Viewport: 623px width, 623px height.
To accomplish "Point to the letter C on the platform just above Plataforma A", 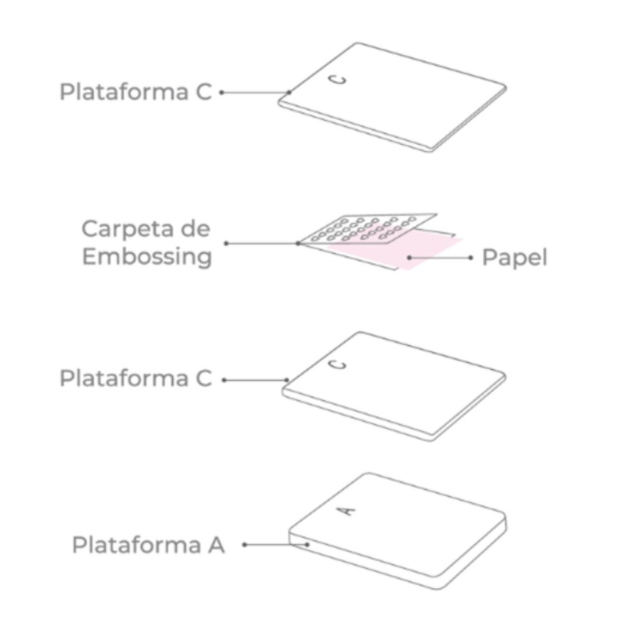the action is pyautogui.click(x=338, y=364).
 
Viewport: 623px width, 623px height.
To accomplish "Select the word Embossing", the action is pyautogui.click(x=147, y=256).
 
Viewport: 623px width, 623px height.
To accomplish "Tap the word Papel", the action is pyautogui.click(x=515, y=258).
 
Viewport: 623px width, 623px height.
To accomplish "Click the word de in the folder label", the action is pyautogui.click(x=195, y=228).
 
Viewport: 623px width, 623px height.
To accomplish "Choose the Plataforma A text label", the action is pyautogui.click(x=148, y=544).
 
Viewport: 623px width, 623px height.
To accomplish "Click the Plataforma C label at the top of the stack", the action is pyautogui.click(x=136, y=92).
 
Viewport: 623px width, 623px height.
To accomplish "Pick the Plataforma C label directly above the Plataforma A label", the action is pyautogui.click(x=136, y=378).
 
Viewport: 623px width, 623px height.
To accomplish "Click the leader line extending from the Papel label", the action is pyautogui.click(x=440, y=258).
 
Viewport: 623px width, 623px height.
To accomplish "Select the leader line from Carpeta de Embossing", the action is pyautogui.click(x=262, y=243).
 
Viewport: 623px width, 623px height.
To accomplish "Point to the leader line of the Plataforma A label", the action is pyautogui.click(x=276, y=544).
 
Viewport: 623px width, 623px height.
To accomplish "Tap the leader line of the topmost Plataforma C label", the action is pyautogui.click(x=256, y=93).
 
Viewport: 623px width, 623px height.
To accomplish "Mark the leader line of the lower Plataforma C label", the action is pyautogui.click(x=256, y=380).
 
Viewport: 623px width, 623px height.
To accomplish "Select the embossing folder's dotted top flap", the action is pyautogui.click(x=368, y=229).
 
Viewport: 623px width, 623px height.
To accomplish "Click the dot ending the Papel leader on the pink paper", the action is pyautogui.click(x=410, y=258).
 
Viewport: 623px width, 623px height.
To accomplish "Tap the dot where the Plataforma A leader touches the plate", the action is pyautogui.click(x=308, y=544).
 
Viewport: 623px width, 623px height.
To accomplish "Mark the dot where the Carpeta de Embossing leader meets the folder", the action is pyautogui.click(x=298, y=243).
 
